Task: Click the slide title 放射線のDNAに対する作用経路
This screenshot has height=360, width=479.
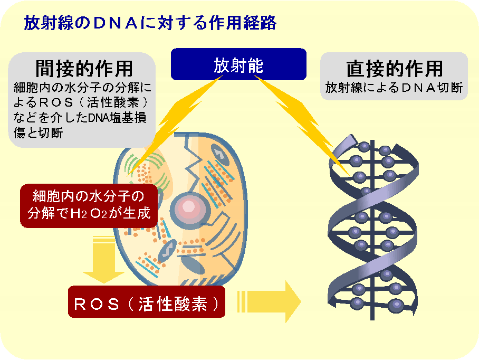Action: pyautogui.click(x=150, y=23)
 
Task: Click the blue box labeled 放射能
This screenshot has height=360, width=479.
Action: pyautogui.click(x=238, y=65)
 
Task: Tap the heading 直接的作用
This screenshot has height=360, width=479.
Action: pyautogui.click(x=394, y=69)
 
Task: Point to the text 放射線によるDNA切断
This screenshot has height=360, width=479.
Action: pyautogui.click(x=394, y=88)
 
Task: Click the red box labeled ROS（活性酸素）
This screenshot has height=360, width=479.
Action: pyautogui.click(x=146, y=303)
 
